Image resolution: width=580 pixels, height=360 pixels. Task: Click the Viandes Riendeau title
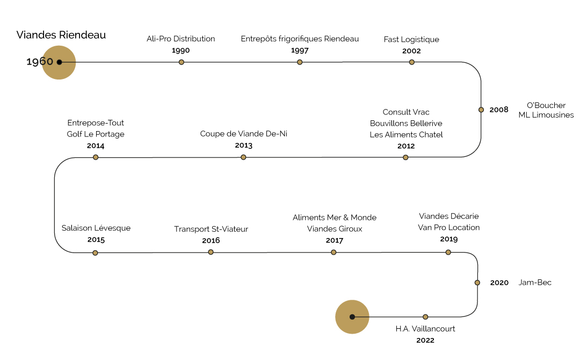[61, 35]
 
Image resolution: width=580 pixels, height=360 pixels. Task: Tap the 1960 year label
[40, 62]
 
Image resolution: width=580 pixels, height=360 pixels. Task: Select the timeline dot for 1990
[182, 62]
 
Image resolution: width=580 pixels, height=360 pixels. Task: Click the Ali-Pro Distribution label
[181, 39]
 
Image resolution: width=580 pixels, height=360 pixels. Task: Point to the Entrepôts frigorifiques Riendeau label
[300, 39]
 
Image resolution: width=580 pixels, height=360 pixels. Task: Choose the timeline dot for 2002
[412, 62]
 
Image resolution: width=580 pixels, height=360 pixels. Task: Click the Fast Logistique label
[411, 40]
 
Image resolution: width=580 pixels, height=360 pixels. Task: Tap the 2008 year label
[499, 110]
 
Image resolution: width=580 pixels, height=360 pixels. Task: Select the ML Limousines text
[546, 115]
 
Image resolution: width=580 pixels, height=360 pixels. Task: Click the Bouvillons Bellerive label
[406, 124]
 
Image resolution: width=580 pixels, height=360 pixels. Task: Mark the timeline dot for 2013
[243, 157]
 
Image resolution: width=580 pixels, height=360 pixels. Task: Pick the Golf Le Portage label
[96, 134]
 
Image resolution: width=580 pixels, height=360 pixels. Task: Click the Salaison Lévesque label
[96, 228]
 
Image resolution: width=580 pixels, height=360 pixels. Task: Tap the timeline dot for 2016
[211, 252]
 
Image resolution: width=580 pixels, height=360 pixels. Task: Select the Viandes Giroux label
[335, 229]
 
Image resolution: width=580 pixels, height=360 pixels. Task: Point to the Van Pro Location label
[449, 227]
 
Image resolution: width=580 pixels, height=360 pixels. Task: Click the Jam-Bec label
[535, 283]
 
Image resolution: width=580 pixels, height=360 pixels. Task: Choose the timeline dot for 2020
[477, 283]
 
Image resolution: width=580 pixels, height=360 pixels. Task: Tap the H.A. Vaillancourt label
[425, 329]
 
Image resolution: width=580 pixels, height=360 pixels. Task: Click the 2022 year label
[425, 340]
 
